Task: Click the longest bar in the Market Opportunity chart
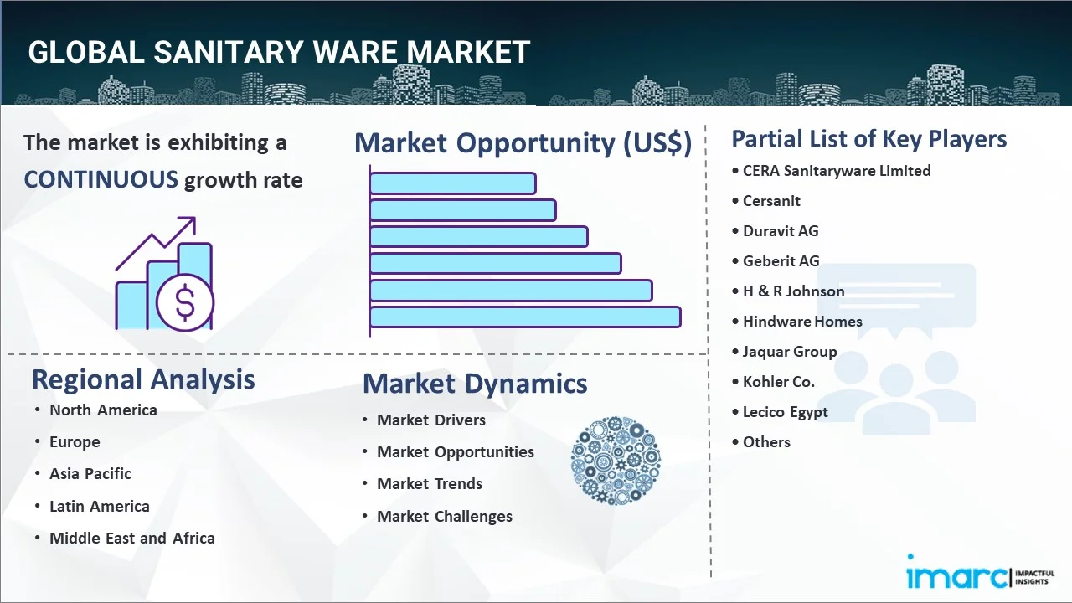[525, 317]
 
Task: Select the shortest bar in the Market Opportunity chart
[453, 183]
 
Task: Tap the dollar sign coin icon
[185, 302]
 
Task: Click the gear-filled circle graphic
[616, 461]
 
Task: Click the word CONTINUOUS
[101, 180]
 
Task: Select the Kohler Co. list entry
[778, 381]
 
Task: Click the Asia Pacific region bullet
[90, 473]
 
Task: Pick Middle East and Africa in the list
[132, 538]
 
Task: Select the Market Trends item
[430, 483]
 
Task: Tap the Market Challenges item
[445, 516]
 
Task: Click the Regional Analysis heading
[143, 380]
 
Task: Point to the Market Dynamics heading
[475, 384]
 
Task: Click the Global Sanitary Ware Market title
[279, 52]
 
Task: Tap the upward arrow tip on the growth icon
[194, 219]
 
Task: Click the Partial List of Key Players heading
[869, 139]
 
